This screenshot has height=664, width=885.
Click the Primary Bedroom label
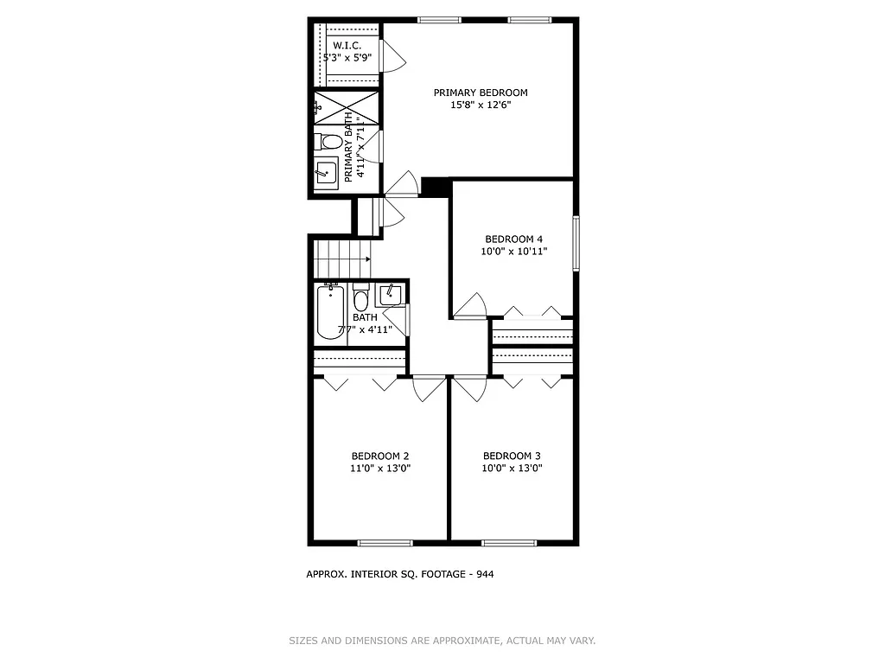[x=480, y=93]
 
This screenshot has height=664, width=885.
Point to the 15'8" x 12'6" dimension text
[x=480, y=105]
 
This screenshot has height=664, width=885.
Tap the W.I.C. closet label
[x=347, y=45]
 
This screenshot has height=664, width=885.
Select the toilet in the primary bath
[x=328, y=142]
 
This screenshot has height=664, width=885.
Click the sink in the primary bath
[x=327, y=173]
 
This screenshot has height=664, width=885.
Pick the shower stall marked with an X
[x=347, y=107]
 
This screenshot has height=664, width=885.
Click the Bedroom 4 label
[x=513, y=239]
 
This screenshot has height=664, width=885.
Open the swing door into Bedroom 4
[x=472, y=307]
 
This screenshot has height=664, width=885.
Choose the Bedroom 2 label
[x=379, y=456]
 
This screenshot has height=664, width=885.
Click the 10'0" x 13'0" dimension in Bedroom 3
[x=512, y=469]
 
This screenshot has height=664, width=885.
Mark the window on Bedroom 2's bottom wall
[x=385, y=543]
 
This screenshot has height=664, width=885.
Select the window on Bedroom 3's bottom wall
[x=509, y=543]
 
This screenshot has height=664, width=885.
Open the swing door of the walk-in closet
[x=393, y=57]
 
